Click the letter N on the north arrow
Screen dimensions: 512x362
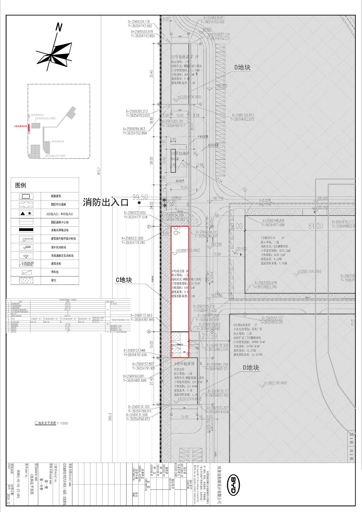59,27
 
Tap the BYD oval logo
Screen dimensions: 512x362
233,485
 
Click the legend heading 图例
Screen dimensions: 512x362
21,185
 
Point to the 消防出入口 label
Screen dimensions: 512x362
106,202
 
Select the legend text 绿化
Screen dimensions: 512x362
53,280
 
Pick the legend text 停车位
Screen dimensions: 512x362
55,272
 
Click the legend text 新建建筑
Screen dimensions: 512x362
56,196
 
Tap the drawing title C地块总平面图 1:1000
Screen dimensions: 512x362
51,423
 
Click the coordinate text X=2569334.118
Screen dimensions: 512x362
139,22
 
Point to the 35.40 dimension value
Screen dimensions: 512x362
151,74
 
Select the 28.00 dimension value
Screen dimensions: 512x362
151,161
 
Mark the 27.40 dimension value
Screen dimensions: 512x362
151,381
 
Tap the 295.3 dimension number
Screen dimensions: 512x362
110,417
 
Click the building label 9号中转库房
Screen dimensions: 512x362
184,364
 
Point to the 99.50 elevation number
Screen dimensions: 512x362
140,197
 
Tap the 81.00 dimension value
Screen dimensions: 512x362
315,226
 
